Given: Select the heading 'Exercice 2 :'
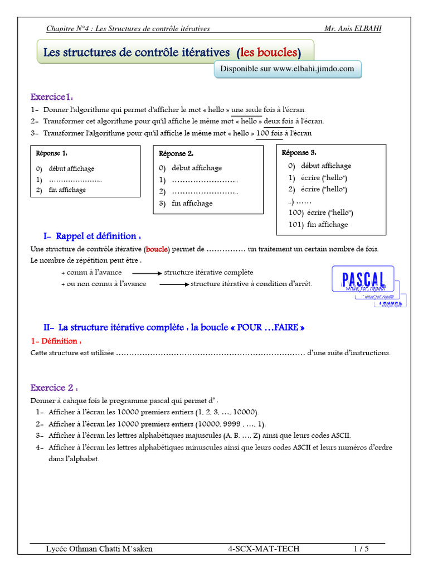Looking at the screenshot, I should (54, 388).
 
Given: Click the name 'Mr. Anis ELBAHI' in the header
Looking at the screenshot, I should (353, 28).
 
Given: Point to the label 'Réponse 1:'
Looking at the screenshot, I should (52, 153).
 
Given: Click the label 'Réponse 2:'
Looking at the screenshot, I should (176, 154).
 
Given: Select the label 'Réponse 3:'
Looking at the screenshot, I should (299, 152).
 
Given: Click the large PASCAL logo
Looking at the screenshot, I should (363, 278).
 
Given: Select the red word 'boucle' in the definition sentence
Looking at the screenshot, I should (157, 249).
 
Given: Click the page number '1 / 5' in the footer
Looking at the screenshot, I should (361, 549).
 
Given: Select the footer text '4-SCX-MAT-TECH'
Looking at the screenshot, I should (264, 549).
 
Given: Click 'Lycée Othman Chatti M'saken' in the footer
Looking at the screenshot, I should (99, 549).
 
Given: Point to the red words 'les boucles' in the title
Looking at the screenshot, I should (268, 52).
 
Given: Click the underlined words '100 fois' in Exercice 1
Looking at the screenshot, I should (270, 133).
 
